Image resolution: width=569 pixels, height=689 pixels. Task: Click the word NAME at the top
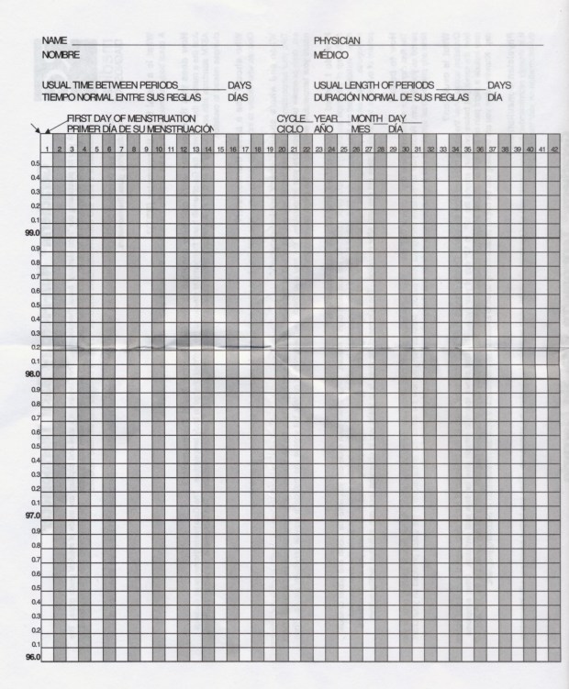[55, 41]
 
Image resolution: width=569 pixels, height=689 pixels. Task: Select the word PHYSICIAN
[337, 41]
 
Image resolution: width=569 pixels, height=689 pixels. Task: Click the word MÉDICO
[329, 55]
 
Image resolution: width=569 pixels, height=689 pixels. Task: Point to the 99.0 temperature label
[32, 234]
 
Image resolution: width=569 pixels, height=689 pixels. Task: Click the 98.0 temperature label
[32, 374]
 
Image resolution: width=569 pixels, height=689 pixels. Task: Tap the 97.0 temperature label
[32, 517]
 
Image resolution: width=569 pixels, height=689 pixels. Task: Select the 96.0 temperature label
[32, 658]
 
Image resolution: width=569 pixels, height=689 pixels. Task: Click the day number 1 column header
[47, 150]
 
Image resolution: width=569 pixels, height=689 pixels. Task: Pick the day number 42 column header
[554, 150]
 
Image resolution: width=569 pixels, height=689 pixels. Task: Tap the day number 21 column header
[294, 150]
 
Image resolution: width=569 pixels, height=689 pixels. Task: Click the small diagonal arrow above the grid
[35, 129]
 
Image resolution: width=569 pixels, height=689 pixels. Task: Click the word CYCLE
[291, 119]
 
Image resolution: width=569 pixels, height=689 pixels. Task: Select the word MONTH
[366, 119]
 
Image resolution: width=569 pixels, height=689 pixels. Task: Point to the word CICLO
[290, 130]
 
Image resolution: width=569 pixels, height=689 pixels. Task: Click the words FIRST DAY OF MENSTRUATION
[131, 119]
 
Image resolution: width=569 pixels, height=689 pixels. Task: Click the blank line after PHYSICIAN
[451, 45]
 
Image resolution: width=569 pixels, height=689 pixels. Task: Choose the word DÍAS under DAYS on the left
[238, 96]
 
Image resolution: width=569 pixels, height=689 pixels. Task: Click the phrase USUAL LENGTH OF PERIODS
[374, 85]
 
